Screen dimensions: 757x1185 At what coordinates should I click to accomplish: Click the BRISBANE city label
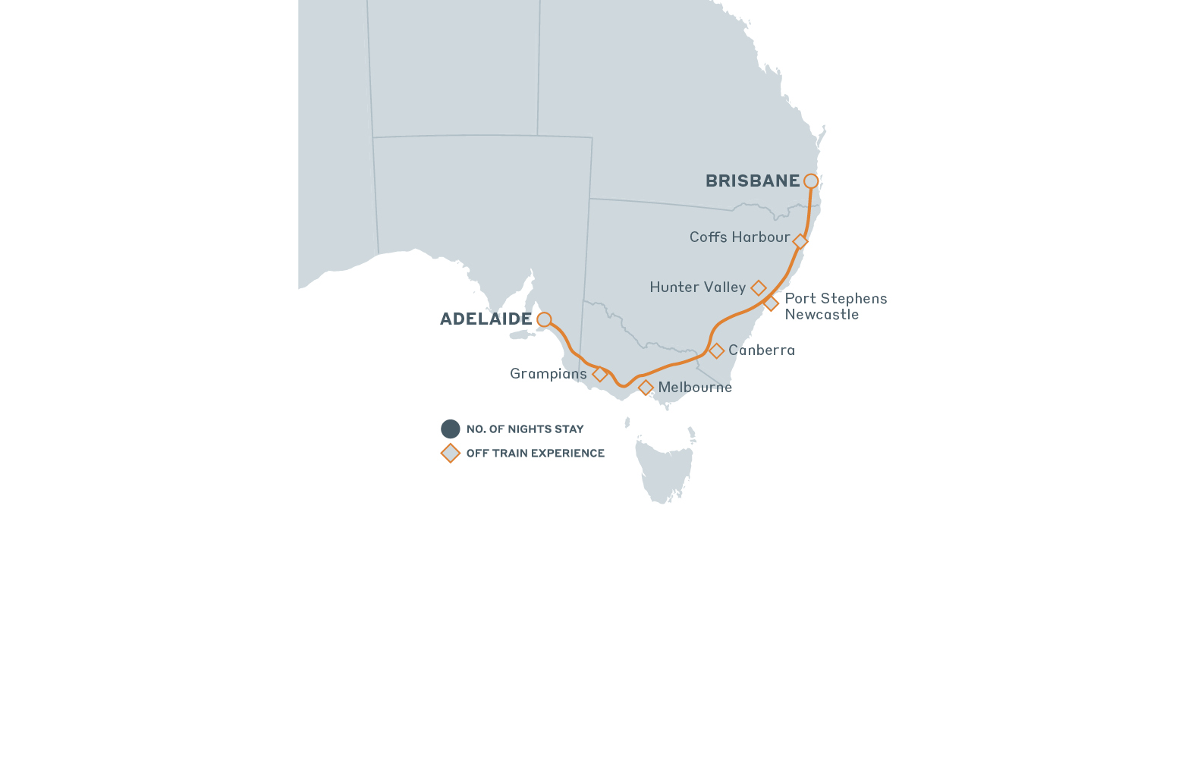[x=752, y=181]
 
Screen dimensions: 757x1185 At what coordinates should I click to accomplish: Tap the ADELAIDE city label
[x=486, y=319]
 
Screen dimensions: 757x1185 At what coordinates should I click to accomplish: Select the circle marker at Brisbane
[x=811, y=181]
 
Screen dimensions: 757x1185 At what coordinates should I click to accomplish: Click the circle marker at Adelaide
[x=544, y=319]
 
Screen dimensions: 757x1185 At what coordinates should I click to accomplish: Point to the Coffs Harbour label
[x=739, y=237]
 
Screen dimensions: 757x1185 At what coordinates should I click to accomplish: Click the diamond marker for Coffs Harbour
[x=800, y=241]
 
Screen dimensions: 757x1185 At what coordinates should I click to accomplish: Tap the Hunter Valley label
[x=697, y=287]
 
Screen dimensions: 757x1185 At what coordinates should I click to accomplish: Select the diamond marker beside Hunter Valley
[x=759, y=288]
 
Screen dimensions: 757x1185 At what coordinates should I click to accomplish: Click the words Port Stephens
[x=835, y=299]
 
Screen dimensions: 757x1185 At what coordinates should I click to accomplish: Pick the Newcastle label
[x=822, y=315]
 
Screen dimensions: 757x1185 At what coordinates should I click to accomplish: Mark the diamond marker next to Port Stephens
[x=771, y=303]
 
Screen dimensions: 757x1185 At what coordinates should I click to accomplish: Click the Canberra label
[x=762, y=350]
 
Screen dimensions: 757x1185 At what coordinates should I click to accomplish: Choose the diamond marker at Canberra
[x=716, y=351]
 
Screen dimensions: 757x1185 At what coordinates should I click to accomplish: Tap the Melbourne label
[x=695, y=388]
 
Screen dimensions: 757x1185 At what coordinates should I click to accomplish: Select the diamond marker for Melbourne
[x=646, y=388]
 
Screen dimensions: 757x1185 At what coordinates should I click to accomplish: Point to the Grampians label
[x=548, y=374]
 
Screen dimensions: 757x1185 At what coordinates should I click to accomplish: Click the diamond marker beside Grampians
[x=599, y=374]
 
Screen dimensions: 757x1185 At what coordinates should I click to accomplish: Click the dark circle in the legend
[x=451, y=429]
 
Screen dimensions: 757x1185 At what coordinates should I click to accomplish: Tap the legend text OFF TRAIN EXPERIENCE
[x=535, y=454]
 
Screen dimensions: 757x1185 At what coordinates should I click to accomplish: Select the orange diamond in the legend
[x=451, y=454]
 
